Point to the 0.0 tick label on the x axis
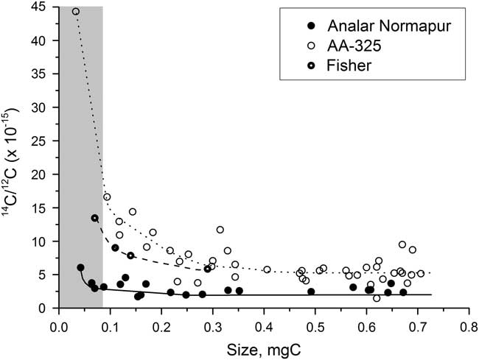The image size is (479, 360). (58, 325)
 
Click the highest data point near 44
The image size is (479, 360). (76, 12)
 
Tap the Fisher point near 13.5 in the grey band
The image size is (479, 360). (94, 218)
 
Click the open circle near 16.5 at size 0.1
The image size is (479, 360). (107, 197)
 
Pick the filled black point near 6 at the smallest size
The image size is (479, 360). (80, 267)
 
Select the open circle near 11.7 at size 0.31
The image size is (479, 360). (220, 230)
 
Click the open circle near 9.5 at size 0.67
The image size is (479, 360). (402, 244)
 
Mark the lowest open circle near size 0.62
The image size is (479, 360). (377, 298)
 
